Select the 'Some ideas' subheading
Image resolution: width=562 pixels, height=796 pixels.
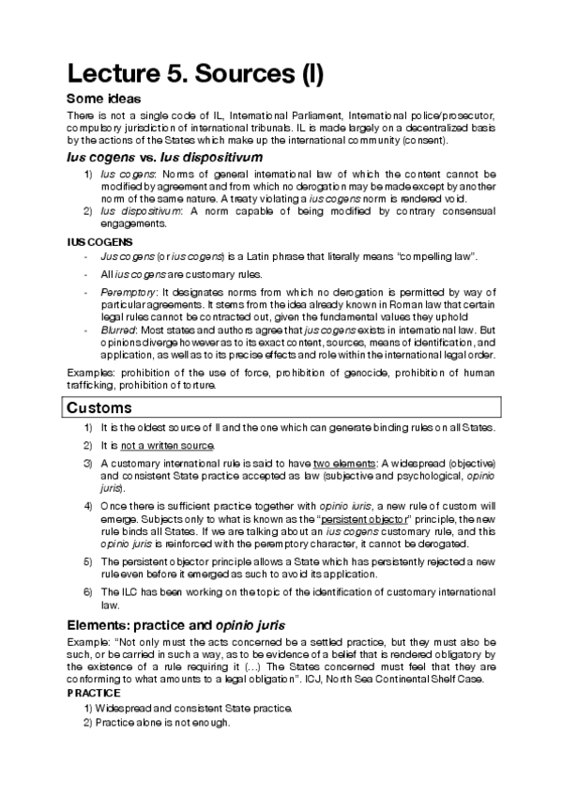pyautogui.click(x=103, y=99)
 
